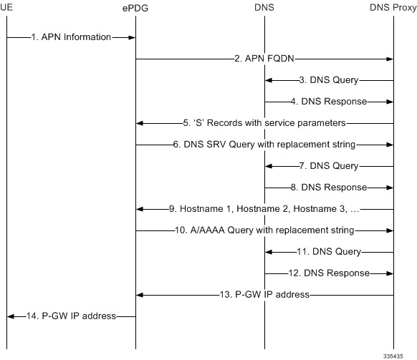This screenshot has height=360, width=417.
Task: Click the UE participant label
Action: click(x=6, y=7)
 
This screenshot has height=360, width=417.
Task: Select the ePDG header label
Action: click(x=135, y=9)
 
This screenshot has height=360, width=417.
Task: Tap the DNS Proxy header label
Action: click(x=393, y=7)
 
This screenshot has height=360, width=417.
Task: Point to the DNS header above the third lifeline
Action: click(x=264, y=7)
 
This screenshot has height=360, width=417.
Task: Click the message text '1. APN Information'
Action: click(x=71, y=37)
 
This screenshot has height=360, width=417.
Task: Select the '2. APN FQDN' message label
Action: click(x=264, y=59)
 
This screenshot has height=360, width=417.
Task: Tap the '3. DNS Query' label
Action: click(x=329, y=80)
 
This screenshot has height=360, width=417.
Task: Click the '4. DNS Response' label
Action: click(x=329, y=101)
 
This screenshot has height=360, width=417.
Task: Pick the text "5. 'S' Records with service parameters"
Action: click(x=264, y=123)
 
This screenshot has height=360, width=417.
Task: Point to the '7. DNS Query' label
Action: click(x=329, y=166)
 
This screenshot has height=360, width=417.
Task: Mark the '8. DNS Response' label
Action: click(x=329, y=188)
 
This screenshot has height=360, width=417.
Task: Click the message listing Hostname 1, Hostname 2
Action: click(x=264, y=209)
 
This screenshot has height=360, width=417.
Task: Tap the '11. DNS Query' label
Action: click(x=329, y=252)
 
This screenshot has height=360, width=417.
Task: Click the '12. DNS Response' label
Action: click(x=329, y=273)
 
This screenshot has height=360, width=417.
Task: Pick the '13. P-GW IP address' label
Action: click(x=264, y=295)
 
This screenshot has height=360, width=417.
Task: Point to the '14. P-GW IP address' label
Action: click(x=71, y=316)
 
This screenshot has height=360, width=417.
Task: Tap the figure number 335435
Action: click(x=393, y=356)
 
